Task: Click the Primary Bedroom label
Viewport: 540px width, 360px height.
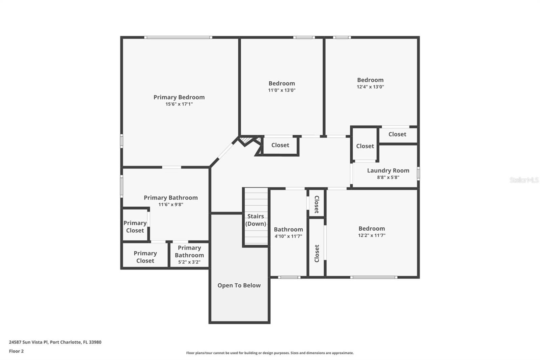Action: tap(179, 97)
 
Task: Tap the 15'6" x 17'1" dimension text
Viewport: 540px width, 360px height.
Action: tap(179, 104)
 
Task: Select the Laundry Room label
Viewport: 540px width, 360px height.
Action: tap(388, 171)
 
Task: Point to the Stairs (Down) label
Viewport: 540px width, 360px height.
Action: tap(255, 220)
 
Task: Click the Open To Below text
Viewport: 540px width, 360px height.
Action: tap(239, 285)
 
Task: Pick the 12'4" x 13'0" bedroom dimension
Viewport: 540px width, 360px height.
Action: tap(370, 87)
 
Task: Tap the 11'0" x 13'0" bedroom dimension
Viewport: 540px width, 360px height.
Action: tap(281, 90)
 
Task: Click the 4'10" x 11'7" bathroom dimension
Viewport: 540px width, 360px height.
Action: tap(288, 236)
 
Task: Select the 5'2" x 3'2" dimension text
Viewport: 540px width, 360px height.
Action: tap(189, 262)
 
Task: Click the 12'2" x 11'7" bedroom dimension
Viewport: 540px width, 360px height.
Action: tap(372, 235)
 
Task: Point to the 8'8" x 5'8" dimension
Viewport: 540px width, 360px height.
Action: tap(388, 177)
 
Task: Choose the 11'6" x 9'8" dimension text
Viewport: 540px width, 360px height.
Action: tap(171, 204)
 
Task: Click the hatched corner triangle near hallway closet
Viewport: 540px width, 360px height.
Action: tap(245, 139)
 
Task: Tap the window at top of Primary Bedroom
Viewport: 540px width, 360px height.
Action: tap(178, 37)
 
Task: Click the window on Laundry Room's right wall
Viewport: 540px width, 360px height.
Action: tap(418, 174)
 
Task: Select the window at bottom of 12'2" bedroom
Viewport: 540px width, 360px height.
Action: tap(373, 277)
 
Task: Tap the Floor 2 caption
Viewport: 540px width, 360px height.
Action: tap(16, 351)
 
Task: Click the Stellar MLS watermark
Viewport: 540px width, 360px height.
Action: tap(524, 180)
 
